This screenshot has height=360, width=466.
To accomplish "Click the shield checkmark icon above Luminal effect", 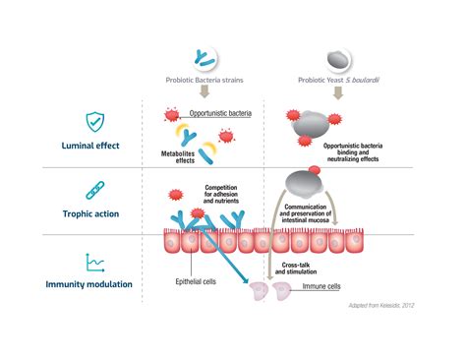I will [x=94, y=122].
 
